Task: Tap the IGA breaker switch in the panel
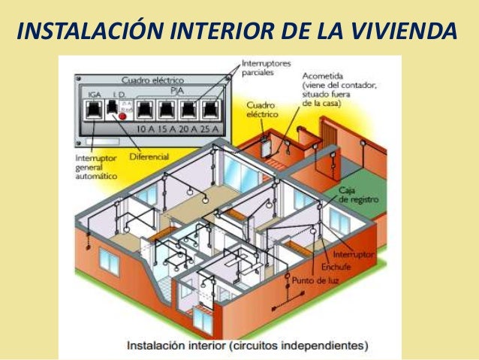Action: coord(95,110)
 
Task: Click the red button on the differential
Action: coord(122,116)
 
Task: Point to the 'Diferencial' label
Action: coord(149,156)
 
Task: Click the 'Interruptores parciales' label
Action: coord(267,69)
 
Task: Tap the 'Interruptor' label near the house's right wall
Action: coord(354,255)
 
